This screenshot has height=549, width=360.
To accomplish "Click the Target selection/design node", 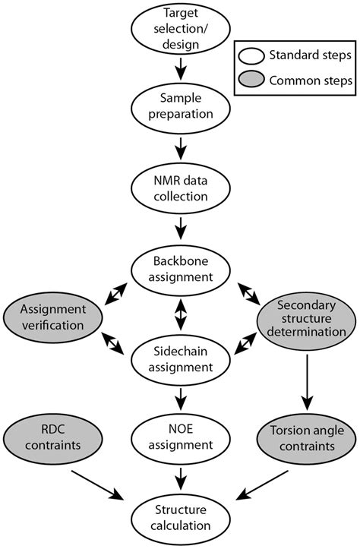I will (180, 28).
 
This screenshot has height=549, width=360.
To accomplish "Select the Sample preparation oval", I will (180, 108).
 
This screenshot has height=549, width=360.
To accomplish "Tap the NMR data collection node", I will (180, 187).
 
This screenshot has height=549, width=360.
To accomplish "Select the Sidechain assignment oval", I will (180, 360).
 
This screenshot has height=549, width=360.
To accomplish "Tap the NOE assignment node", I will (180, 438).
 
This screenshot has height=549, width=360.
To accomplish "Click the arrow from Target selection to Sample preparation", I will (180, 69).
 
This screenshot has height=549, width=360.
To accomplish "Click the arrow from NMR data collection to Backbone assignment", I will (180, 226).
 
